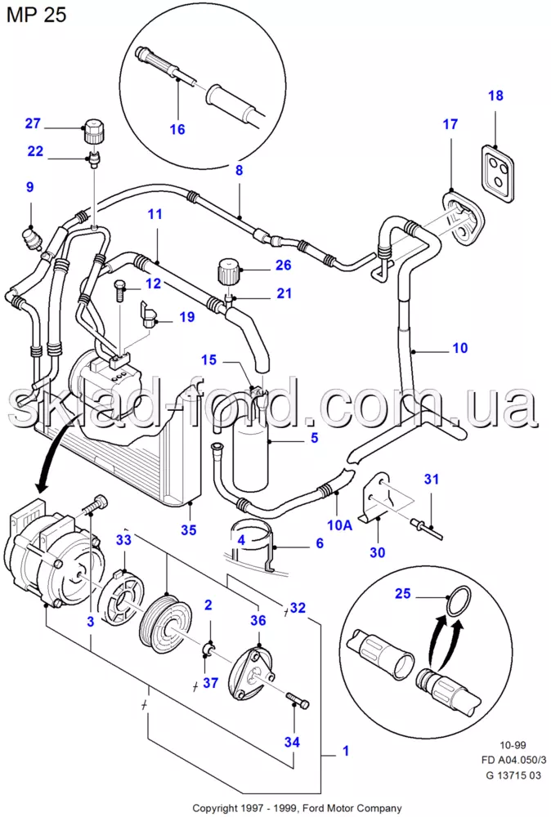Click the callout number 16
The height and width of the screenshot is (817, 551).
[x=177, y=129]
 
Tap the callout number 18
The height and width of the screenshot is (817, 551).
[x=495, y=96]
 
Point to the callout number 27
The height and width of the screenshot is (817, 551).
[x=33, y=123]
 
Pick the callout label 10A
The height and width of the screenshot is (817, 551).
[x=339, y=525]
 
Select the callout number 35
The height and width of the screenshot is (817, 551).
[x=189, y=529]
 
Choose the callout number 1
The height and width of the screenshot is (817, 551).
[x=346, y=751]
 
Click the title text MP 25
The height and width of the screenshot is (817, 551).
[x=37, y=15]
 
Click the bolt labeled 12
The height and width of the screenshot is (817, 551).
[x=119, y=288]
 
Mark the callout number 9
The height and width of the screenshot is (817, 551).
[x=29, y=186]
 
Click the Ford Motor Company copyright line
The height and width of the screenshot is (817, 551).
[x=297, y=808]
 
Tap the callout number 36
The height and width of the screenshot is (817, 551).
[x=258, y=620]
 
